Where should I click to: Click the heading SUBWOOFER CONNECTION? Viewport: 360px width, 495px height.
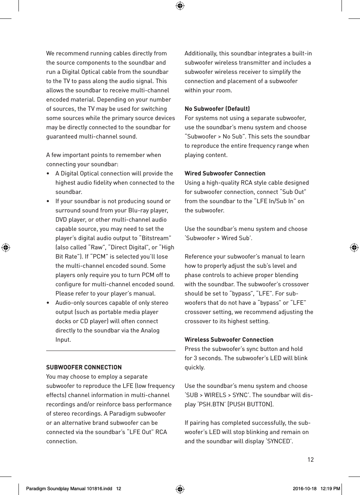[x=84, y=367]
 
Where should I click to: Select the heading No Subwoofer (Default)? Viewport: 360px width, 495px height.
[x=217, y=109]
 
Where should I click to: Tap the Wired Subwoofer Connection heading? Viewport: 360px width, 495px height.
[x=225, y=173]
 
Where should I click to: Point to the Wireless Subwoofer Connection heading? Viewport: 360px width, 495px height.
[x=229, y=339]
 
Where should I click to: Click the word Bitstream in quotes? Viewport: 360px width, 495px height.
[x=155, y=238]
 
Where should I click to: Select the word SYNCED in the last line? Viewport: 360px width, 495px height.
[x=279, y=441]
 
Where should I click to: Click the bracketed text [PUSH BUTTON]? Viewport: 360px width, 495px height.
[x=251, y=404]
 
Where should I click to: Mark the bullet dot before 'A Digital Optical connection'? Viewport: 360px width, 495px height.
[x=48, y=174]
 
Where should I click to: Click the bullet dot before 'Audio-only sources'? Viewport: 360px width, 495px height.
[x=48, y=303]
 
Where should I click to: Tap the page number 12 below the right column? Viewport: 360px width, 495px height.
[x=310, y=460]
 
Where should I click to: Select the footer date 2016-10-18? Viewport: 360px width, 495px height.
[x=305, y=488]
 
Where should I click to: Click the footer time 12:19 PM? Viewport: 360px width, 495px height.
[x=330, y=488]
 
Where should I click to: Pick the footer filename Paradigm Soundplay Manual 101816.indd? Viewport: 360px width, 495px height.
[x=69, y=488]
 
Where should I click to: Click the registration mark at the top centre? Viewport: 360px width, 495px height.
[x=180, y=6]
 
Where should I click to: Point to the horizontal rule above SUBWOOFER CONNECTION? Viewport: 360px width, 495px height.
[x=111, y=351]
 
